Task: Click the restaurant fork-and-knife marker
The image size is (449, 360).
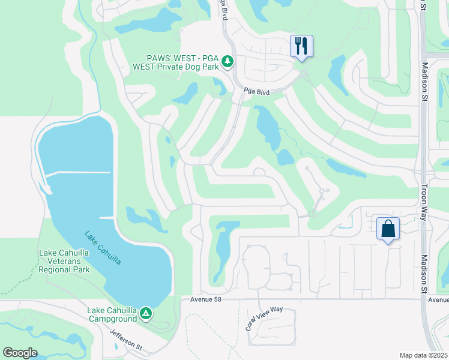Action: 301,46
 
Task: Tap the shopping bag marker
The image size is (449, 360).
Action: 388,229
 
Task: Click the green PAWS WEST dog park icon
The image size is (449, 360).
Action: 227,62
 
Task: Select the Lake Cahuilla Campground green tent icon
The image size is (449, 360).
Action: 145,313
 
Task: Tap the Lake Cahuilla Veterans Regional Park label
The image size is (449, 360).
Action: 64,261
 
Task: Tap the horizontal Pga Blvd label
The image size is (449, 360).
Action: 256,92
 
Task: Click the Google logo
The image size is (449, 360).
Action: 20,353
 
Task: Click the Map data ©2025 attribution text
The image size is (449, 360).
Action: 423,355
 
